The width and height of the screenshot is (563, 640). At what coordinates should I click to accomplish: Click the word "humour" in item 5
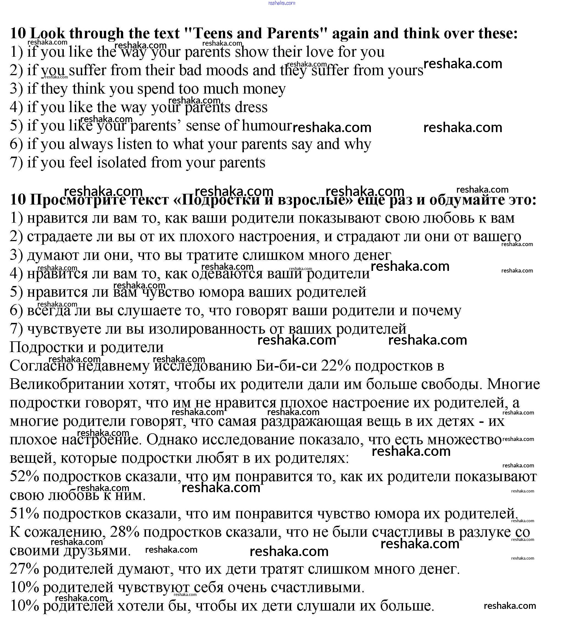[266, 126]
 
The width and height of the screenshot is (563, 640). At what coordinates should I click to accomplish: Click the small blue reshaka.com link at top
[281, 3]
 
